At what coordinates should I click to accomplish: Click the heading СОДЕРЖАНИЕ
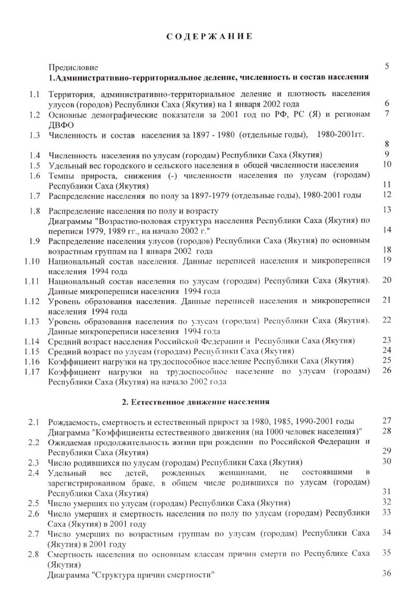tap(210, 36)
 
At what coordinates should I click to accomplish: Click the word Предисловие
tap(73, 68)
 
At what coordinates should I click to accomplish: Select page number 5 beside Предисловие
tap(387, 66)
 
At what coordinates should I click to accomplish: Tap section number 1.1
tap(35, 95)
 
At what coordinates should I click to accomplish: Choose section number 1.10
tap(32, 261)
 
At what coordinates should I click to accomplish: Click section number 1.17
tap(32, 371)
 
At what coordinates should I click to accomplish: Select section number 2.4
tap(34, 472)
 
